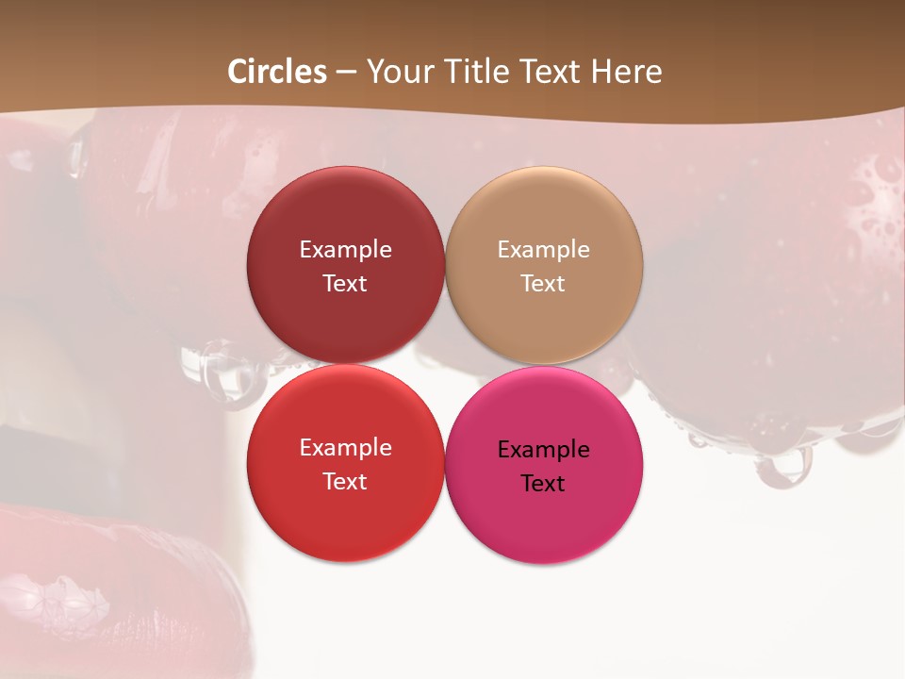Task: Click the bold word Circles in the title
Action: coord(277,72)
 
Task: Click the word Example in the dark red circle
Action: coord(345,250)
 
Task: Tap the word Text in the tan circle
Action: coord(543,284)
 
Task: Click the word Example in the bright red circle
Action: coord(345,448)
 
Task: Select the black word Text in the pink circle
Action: coord(543,484)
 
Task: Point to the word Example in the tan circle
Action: coord(543,250)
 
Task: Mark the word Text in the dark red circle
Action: coord(345,284)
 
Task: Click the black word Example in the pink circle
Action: coord(543,450)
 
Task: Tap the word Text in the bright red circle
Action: coord(345,482)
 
